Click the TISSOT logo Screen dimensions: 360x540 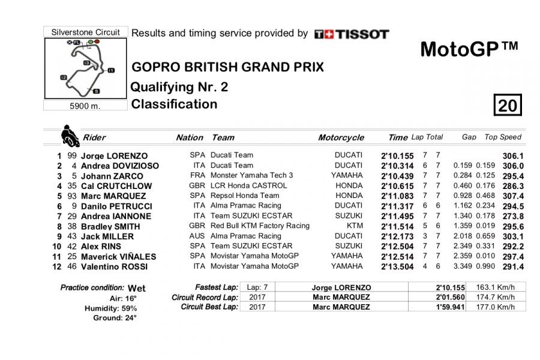pos(352,34)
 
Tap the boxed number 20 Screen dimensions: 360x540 pos(507,106)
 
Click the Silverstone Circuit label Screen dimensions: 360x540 pos(86,32)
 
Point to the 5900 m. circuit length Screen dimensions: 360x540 pos(85,106)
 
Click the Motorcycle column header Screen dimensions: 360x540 pos(341,137)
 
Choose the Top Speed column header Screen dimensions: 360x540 pos(503,137)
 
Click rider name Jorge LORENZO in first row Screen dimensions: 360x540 pos(114,155)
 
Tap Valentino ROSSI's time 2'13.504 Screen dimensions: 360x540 pos(397,266)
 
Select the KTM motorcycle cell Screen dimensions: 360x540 pos(355,226)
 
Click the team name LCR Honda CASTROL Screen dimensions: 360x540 pos(244,185)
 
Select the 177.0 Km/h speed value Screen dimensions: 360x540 pos(495,307)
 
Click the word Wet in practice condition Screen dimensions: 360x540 pos(137,288)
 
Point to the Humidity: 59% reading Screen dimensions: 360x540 pos(111,308)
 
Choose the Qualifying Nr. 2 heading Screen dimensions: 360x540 pos(179,87)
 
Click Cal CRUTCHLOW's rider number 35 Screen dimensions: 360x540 pos(72,186)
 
